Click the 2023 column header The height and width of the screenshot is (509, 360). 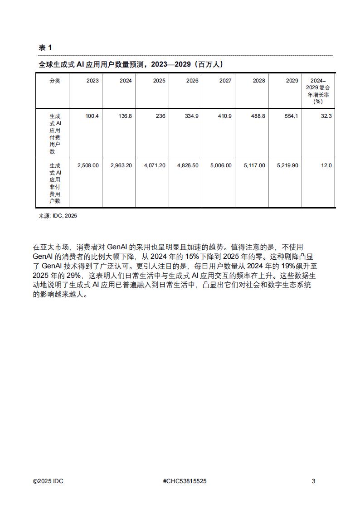click(x=92, y=81)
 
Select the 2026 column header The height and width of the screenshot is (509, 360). click(x=192, y=81)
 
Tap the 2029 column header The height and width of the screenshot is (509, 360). click(x=292, y=81)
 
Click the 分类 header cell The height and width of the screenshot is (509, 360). click(x=55, y=81)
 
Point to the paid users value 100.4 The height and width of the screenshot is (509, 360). click(x=92, y=116)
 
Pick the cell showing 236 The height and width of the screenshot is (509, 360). click(x=161, y=116)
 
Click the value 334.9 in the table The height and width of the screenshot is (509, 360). click(x=192, y=116)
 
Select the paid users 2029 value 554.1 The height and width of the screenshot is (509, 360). click(x=291, y=116)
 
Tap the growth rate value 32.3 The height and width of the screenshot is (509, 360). click(x=326, y=116)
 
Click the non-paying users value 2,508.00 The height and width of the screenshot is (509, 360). click(x=88, y=165)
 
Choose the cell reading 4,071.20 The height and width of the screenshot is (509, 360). click(x=155, y=165)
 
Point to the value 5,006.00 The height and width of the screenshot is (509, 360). click(x=221, y=165)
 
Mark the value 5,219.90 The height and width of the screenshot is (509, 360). click(x=287, y=165)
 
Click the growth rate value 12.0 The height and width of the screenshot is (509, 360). click(x=326, y=165)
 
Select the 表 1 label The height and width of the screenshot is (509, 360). click(x=45, y=48)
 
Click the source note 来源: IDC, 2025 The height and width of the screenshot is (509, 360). click(x=58, y=216)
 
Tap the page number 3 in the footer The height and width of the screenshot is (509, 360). click(x=313, y=481)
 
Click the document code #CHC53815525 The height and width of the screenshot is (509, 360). click(x=184, y=481)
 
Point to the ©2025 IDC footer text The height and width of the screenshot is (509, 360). click(x=48, y=481)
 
